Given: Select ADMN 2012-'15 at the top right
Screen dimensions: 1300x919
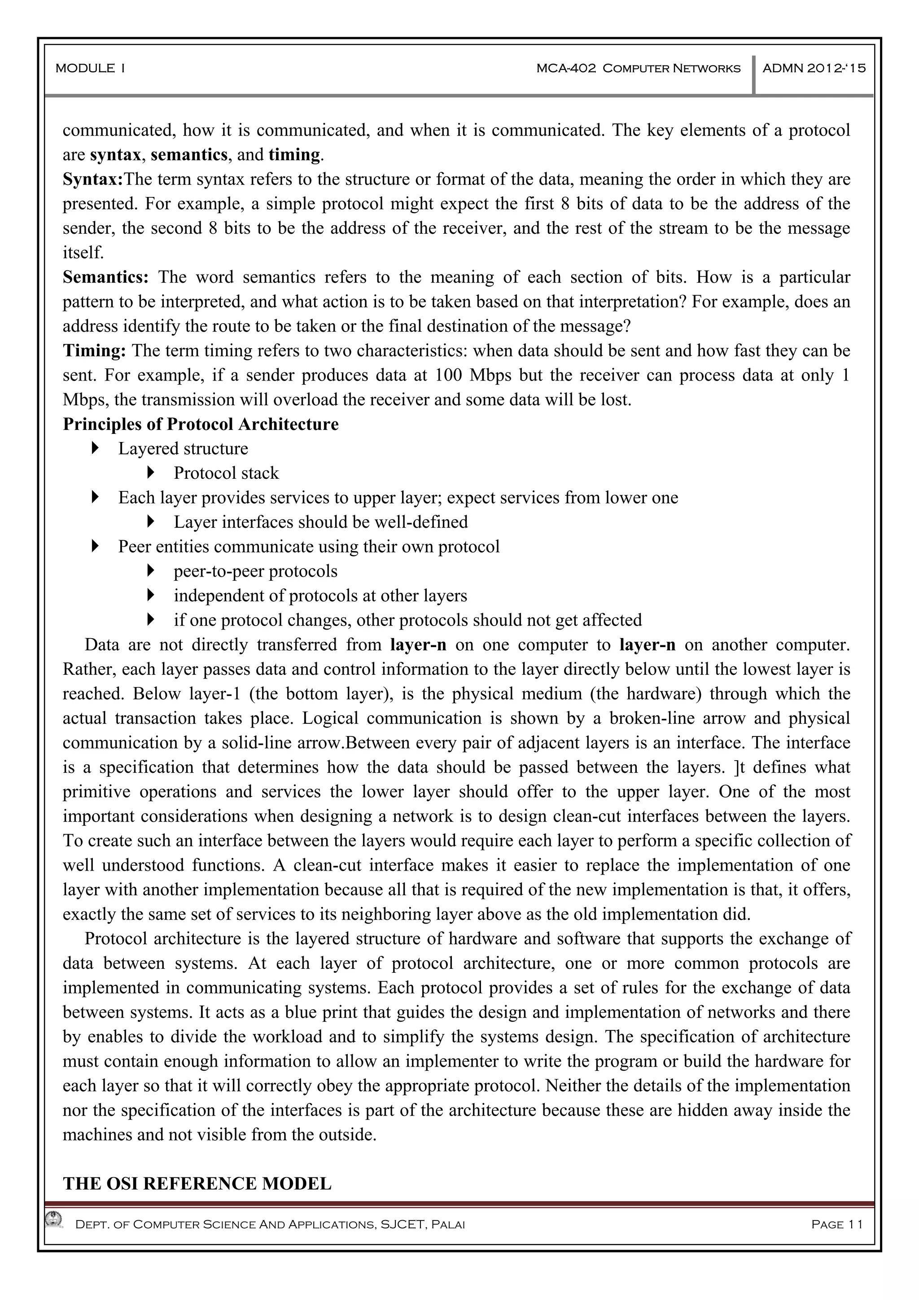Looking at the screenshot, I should click(x=814, y=69).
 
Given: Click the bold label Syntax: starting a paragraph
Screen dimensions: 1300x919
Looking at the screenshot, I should click(x=93, y=179).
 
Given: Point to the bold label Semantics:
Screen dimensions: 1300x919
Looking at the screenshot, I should click(x=105, y=277).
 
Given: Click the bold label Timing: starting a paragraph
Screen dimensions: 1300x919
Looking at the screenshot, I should click(x=94, y=350).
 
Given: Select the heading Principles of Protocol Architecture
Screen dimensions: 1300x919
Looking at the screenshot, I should click(x=201, y=424).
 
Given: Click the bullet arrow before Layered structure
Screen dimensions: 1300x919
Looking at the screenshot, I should click(x=95, y=448).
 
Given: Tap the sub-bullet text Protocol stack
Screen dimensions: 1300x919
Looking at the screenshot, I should click(x=226, y=473).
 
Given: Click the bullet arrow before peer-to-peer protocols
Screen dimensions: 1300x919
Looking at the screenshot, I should click(x=151, y=571).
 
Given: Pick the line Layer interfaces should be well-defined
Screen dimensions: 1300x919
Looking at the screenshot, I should click(x=320, y=522).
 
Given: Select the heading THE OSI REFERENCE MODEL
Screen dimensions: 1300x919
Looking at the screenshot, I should click(x=197, y=1183).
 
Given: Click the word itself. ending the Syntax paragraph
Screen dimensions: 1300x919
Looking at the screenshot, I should click(x=83, y=253).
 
